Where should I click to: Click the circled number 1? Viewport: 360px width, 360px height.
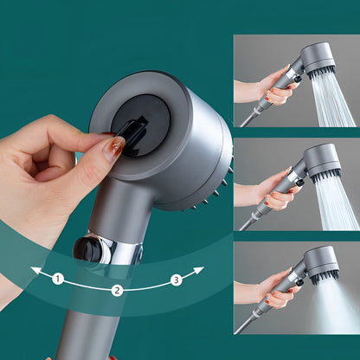pos(58,279)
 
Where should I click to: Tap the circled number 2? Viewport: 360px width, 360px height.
pos(116,290)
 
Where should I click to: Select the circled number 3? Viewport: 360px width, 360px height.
pos(176,279)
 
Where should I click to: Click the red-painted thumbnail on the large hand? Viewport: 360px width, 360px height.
pos(114,147)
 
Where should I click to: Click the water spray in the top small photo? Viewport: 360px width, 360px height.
pos(333,100)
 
